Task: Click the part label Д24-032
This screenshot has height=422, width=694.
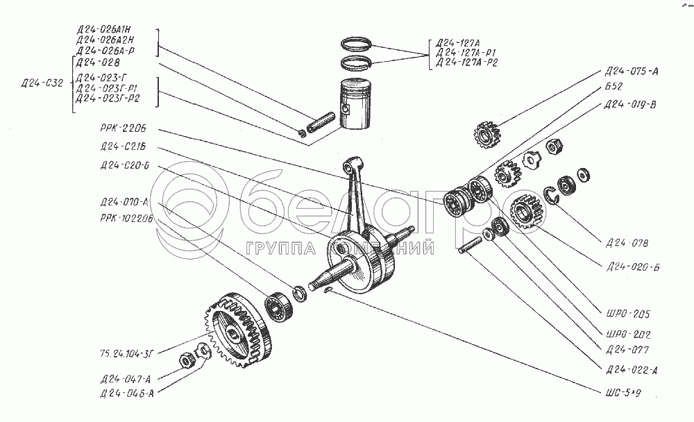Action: pos(42,83)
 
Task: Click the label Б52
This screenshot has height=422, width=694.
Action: pos(613,87)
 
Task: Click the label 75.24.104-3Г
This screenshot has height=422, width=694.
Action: pos(126,353)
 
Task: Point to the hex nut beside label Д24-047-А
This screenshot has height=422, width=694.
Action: pos(187,361)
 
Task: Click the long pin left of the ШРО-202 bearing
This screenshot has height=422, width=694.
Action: pos(469,245)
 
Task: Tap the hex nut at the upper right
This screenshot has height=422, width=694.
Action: pos(554,146)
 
